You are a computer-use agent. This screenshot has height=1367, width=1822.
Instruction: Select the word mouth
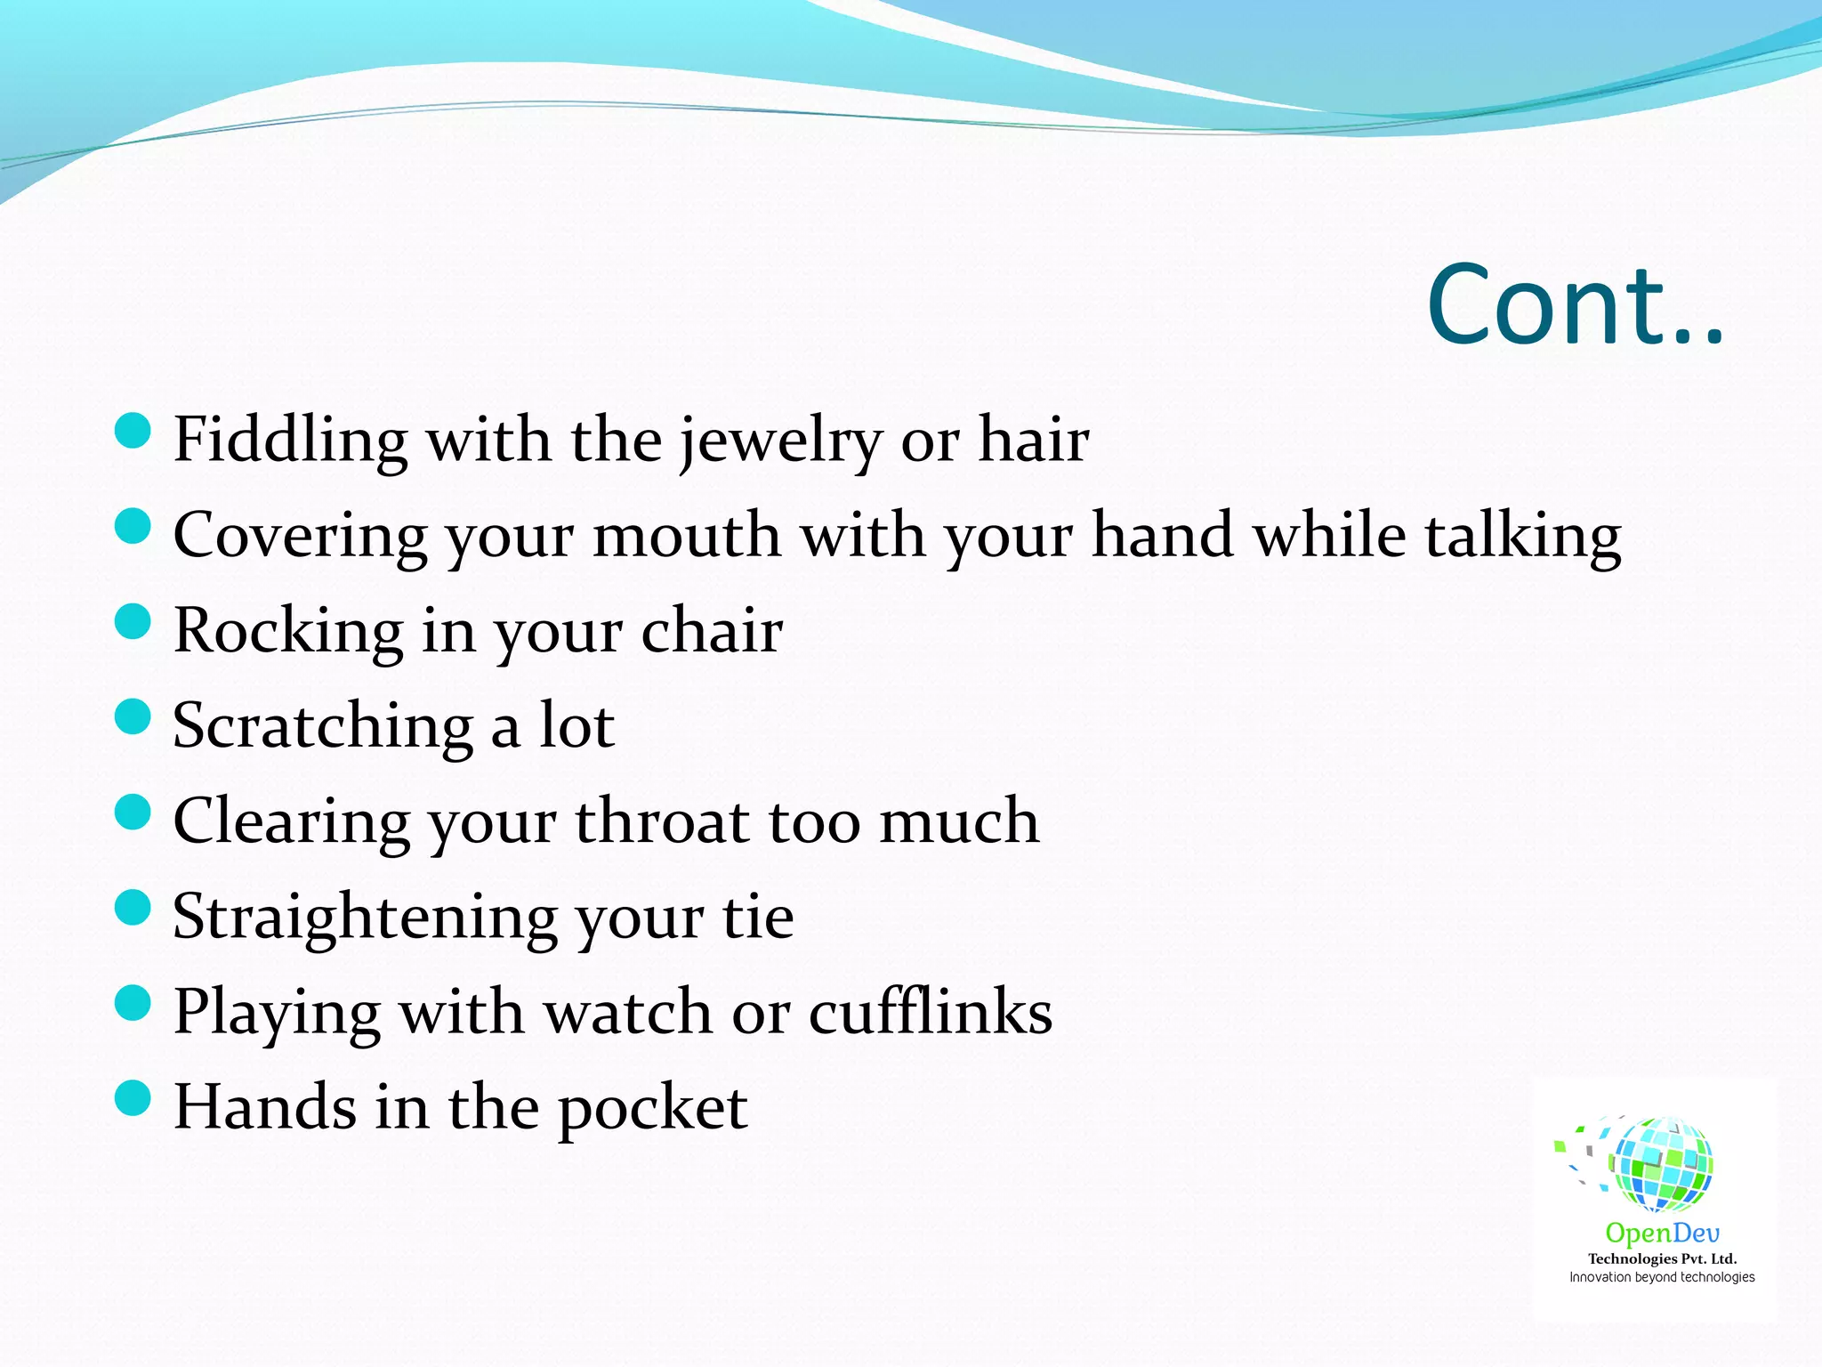coord(686,536)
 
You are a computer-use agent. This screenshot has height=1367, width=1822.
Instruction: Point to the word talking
coord(1522,537)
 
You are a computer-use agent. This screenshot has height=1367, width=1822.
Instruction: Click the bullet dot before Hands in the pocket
coord(133,1097)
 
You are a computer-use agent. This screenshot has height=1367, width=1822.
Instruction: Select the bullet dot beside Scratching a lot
coord(133,716)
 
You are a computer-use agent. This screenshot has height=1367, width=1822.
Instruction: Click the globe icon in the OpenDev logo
coord(1660,1164)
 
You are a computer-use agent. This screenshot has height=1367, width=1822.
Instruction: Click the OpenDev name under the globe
coord(1662,1233)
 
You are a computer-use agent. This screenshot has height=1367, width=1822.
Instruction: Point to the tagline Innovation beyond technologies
coord(1662,1277)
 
